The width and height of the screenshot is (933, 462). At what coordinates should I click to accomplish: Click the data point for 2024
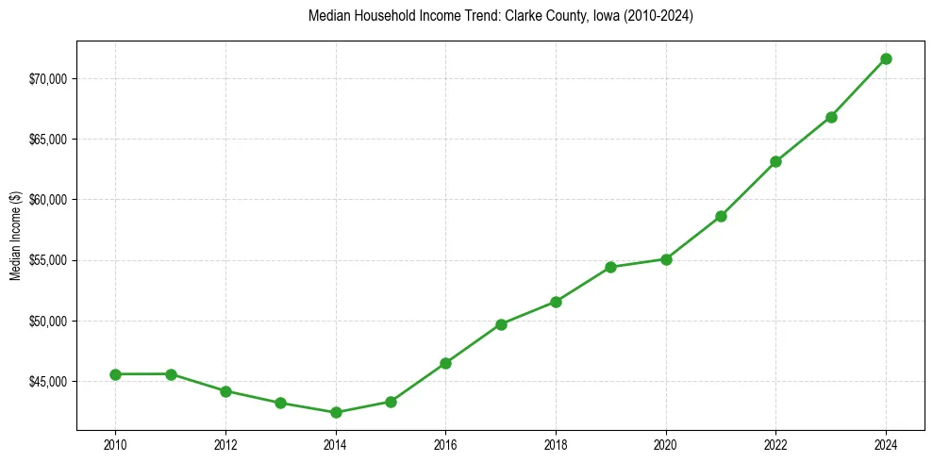point(886,59)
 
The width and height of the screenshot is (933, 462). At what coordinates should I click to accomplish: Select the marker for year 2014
point(336,412)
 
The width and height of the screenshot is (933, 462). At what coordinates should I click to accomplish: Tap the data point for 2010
point(115,374)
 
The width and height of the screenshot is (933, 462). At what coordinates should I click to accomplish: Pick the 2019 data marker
point(610,267)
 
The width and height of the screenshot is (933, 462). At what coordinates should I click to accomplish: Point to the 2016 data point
point(445,363)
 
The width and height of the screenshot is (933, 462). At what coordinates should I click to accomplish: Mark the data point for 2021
point(721,216)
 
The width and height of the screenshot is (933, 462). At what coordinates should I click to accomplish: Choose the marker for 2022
point(775,161)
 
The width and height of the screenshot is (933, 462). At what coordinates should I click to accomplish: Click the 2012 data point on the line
point(225,391)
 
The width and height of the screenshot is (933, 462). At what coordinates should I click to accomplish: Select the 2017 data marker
point(501,324)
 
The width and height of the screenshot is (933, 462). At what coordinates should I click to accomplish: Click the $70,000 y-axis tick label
point(48,78)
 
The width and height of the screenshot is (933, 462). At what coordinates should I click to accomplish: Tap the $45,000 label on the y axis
point(48,382)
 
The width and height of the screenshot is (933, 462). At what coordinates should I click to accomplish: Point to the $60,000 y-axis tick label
point(48,200)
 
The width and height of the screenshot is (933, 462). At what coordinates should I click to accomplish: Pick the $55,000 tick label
point(48,260)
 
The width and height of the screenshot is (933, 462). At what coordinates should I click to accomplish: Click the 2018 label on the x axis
point(556,444)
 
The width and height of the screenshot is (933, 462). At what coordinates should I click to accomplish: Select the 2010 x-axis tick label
point(115,444)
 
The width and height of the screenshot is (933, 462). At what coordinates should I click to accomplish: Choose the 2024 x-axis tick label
point(886,444)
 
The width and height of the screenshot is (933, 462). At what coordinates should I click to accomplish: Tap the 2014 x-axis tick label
point(336,444)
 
